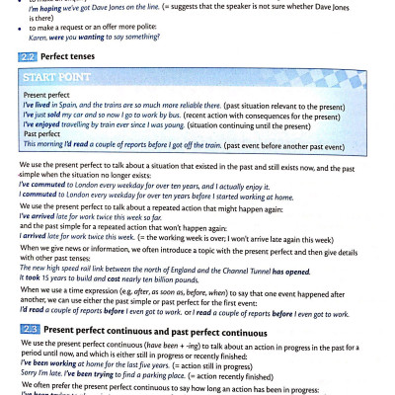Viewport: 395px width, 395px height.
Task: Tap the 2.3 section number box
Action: (x=30, y=298)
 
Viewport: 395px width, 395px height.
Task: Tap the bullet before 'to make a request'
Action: (x=17, y=33)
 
